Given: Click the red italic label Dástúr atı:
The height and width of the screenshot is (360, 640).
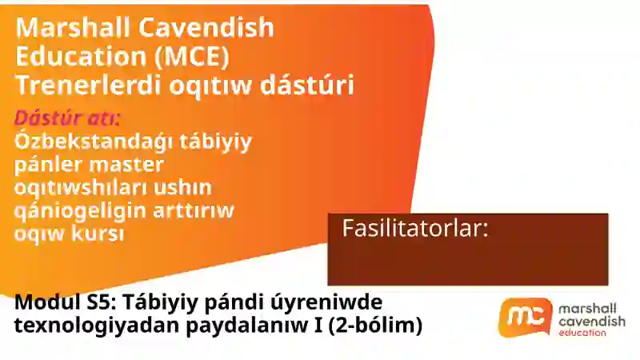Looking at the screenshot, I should [x=68, y=118].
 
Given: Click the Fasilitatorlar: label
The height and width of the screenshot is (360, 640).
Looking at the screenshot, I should [x=415, y=228].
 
